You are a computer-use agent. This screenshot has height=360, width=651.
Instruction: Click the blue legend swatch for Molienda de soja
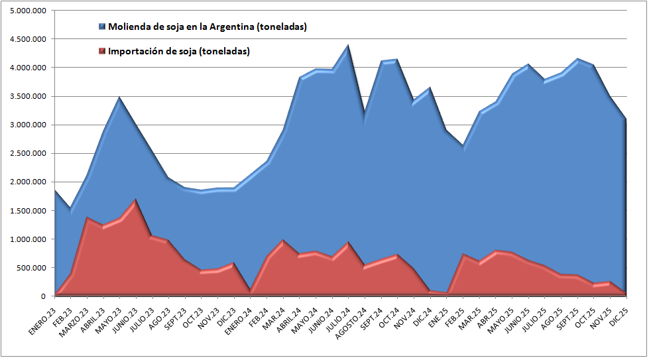pos(101,27)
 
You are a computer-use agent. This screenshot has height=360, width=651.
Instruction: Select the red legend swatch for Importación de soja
pos(101,51)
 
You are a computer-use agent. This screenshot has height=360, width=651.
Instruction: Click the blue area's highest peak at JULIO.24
pos(348,46)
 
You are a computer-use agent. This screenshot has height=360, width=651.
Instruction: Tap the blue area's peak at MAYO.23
pos(119,97)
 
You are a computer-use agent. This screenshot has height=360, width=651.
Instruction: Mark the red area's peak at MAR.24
pos(283,240)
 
